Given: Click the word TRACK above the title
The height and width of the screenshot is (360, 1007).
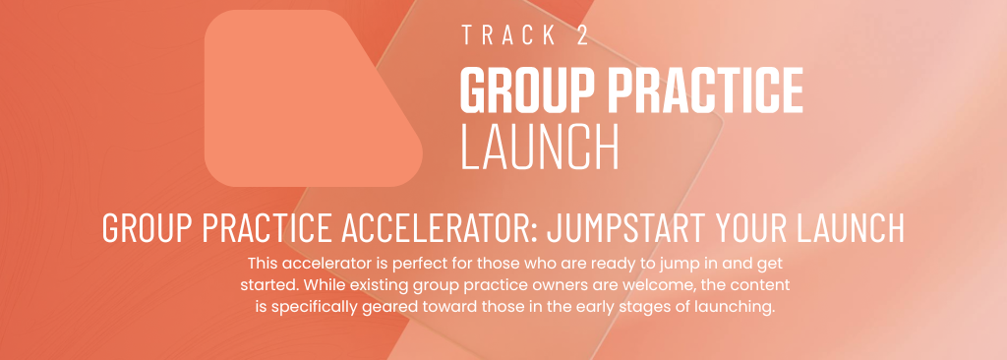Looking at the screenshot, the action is click(x=508, y=35).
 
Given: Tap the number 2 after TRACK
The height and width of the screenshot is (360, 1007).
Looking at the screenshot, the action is click(x=582, y=35).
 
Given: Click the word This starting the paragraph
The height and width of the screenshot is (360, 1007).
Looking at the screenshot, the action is click(x=262, y=263).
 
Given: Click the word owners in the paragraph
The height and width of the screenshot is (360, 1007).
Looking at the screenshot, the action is click(x=534, y=285).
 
